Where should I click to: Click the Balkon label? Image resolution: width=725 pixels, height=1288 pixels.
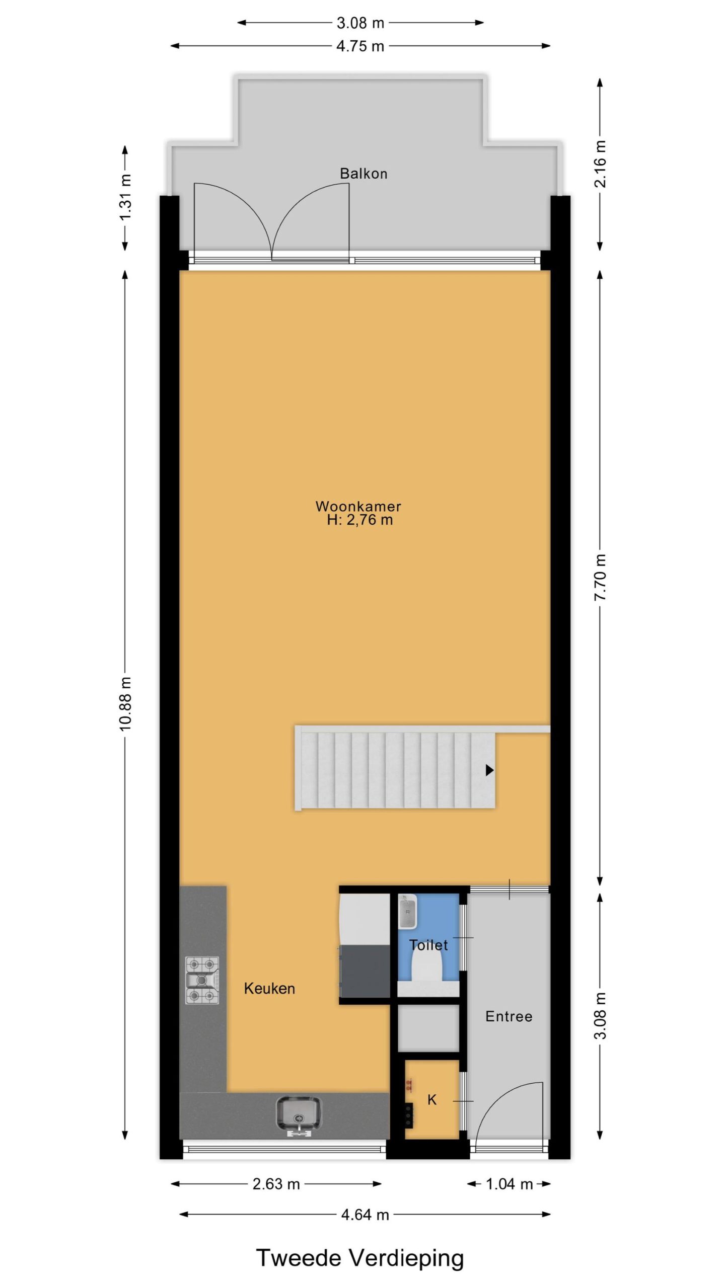point(363,174)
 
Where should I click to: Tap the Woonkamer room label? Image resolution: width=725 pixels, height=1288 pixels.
point(358,506)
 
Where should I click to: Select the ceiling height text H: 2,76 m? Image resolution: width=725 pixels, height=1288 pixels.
point(359,520)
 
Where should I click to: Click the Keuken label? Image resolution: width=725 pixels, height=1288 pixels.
point(269,989)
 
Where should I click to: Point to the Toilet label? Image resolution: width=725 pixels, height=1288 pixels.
point(428,945)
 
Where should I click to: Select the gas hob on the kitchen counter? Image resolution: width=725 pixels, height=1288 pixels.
point(202,980)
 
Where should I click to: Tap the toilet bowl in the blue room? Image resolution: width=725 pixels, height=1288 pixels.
point(427,967)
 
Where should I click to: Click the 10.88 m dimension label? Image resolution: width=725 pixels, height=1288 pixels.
point(125,703)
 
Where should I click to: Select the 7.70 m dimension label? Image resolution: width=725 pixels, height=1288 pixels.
point(600,577)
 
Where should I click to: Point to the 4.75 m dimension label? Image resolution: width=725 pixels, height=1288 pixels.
point(360,46)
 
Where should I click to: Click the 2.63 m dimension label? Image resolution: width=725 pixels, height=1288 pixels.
point(276,1184)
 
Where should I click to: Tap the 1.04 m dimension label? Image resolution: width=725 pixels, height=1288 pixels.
point(509,1184)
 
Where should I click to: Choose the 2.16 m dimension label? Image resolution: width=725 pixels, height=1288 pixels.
point(600,164)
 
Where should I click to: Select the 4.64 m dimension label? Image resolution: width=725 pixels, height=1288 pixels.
point(365,1215)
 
